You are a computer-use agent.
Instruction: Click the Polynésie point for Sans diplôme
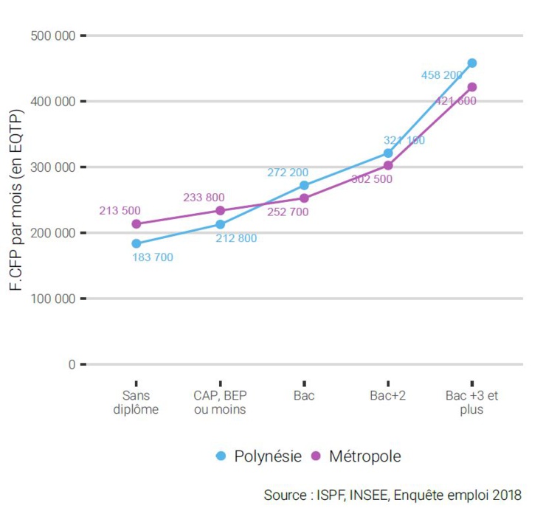coord(136,243)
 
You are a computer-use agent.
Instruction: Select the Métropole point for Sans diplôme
coord(136,223)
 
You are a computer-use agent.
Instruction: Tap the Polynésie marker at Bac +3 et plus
coord(472,63)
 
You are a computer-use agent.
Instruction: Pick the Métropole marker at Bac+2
coord(388,165)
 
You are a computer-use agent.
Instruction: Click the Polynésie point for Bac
coord(304,185)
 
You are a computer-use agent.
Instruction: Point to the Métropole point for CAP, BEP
coord(220,210)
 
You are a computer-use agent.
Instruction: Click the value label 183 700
coord(152,257)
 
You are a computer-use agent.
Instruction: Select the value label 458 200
coord(441,75)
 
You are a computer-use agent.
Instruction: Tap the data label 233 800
coord(204,197)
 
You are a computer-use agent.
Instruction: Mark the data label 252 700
coord(288,212)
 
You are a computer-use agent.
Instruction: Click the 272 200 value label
coord(288,173)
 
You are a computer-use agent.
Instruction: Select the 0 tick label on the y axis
coord(72,364)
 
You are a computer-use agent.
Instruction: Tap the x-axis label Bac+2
coord(388,396)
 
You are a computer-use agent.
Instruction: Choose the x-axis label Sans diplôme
coord(136,403)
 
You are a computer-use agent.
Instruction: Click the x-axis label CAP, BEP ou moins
coord(220,403)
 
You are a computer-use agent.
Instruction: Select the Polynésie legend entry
coord(259,456)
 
